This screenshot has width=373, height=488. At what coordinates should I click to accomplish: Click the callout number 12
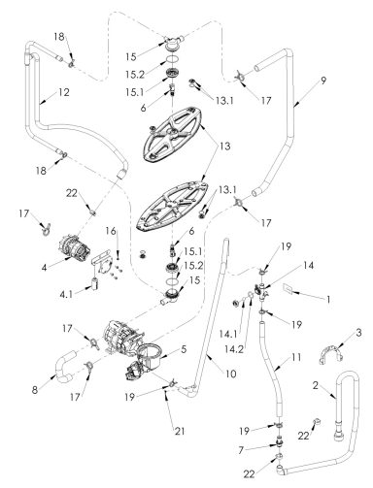tap(64, 92)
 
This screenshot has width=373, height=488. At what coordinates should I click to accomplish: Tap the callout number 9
tap(323, 81)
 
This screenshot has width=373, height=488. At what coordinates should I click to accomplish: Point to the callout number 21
tap(181, 431)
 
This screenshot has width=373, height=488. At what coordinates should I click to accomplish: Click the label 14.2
tap(234, 349)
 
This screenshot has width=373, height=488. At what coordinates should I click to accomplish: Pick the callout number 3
tap(358, 332)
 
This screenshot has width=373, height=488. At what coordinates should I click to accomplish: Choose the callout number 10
tap(231, 374)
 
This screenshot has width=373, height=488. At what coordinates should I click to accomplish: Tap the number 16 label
tap(111, 231)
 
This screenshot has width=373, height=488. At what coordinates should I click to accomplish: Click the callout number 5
tap(184, 349)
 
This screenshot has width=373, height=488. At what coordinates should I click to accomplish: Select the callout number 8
tap(35, 390)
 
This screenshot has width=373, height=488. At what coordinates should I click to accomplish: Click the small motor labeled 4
tap(75, 248)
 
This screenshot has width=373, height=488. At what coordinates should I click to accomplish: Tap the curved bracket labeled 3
tap(330, 355)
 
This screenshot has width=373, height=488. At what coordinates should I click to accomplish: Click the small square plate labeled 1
tap(288, 289)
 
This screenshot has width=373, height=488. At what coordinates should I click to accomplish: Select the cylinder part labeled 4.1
tap(94, 284)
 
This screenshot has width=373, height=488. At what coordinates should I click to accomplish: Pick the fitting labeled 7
tap(279, 441)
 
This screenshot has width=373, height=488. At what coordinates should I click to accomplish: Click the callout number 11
tap(295, 357)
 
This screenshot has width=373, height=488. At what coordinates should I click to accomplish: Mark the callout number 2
tap(316, 385)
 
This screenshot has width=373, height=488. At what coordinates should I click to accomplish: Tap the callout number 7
tap(241, 450)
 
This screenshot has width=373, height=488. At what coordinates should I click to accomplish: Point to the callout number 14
tap(308, 265)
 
